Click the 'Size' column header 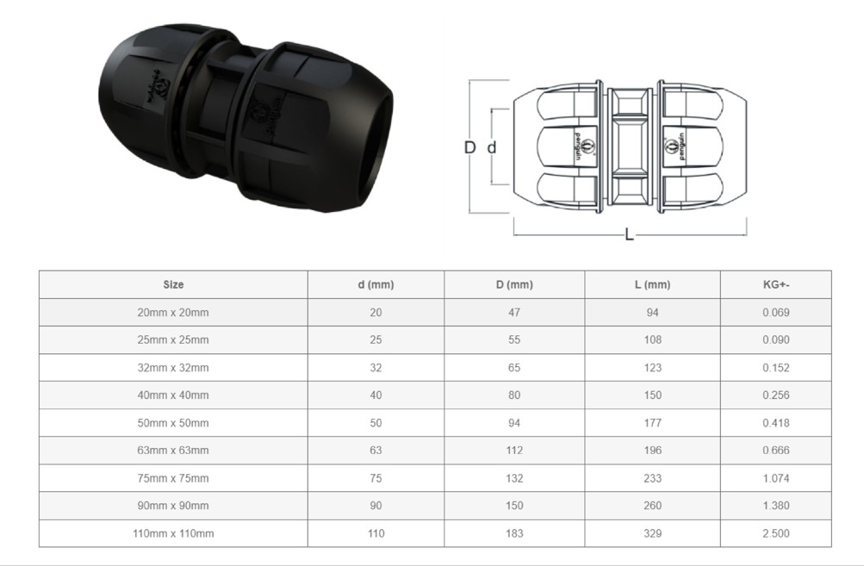click(x=173, y=284)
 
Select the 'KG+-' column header click(x=775, y=284)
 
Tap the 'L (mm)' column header click(x=652, y=284)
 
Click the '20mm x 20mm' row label click(x=173, y=312)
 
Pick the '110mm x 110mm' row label click(x=173, y=533)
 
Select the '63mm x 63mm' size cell click(x=173, y=450)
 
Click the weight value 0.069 click(x=775, y=312)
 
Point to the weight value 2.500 click(x=775, y=533)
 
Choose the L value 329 click(x=652, y=533)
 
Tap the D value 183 click(x=514, y=533)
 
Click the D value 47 click(x=514, y=312)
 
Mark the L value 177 click(x=652, y=422)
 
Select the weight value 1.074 click(x=775, y=477)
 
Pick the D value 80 click(x=514, y=395)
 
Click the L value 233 click(x=652, y=477)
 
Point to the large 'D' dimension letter click(x=470, y=147)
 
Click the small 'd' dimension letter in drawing click(x=492, y=147)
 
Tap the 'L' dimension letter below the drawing click(x=629, y=234)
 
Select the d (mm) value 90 click(x=376, y=505)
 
